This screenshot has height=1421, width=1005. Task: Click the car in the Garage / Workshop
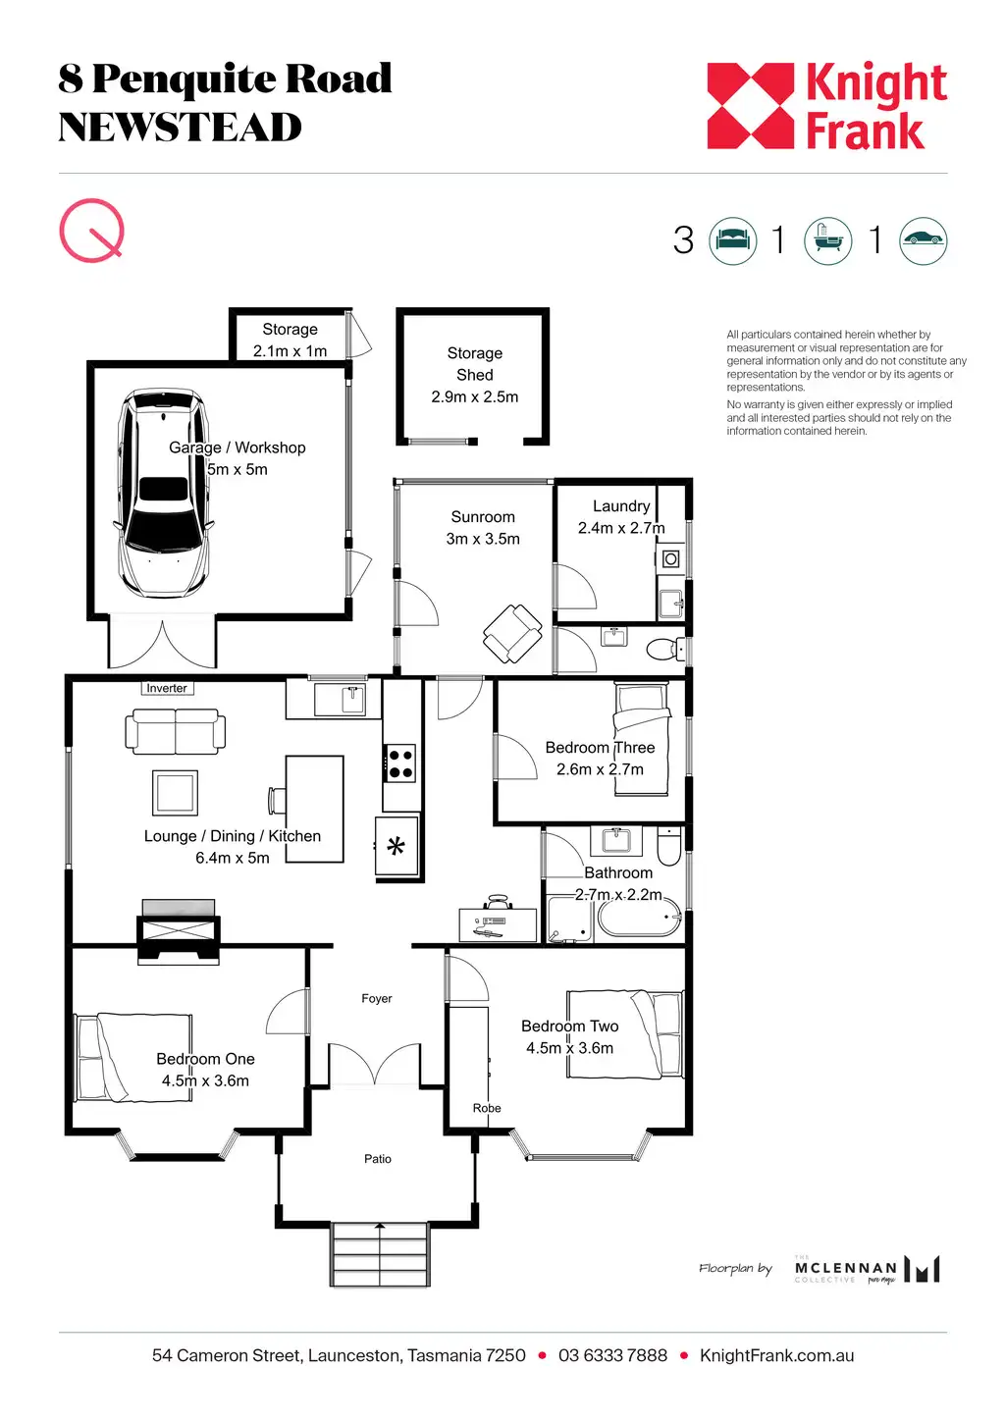pyautogui.click(x=164, y=493)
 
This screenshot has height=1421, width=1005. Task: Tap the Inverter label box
pyautogui.click(x=167, y=688)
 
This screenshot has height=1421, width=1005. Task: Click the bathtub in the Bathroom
pyautogui.click(x=640, y=917)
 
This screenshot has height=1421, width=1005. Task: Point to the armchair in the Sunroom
pyautogui.click(x=512, y=634)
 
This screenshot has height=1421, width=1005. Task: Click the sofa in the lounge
pyautogui.click(x=175, y=731)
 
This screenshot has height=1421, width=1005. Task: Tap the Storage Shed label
pyautogui.click(x=475, y=363)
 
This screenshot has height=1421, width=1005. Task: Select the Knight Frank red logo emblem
pyautogui.click(x=751, y=106)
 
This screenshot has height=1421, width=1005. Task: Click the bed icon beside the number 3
pyautogui.click(x=733, y=241)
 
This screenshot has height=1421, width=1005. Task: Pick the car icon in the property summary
pyautogui.click(x=924, y=241)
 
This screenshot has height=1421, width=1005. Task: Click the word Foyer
pyautogui.click(x=377, y=998)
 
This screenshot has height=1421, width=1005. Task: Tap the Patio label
pyautogui.click(x=378, y=1159)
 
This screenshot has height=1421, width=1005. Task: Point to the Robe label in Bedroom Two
pyautogui.click(x=487, y=1108)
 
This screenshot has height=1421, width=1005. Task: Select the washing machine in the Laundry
pyautogui.click(x=670, y=559)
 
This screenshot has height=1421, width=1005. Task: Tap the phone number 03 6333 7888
pyautogui.click(x=612, y=1355)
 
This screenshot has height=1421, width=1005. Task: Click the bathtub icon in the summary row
pyautogui.click(x=828, y=241)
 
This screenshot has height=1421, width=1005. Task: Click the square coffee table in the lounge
pyautogui.click(x=175, y=793)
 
